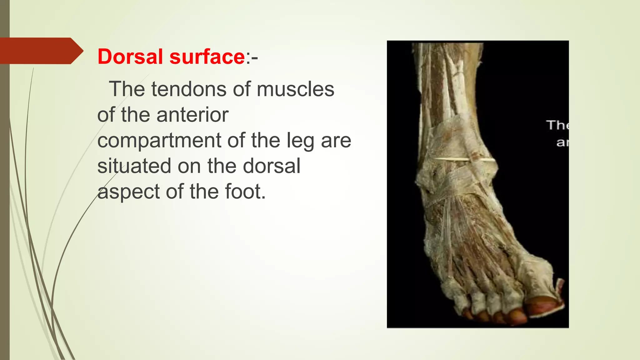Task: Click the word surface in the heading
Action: [x=207, y=57]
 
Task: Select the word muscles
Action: [x=295, y=89]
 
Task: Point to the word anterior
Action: [x=192, y=115]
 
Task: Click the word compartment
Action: [x=159, y=140]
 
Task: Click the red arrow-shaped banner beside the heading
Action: [x=39, y=51]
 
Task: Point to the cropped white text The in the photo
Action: [x=558, y=125]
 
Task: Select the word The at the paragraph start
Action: [x=127, y=89]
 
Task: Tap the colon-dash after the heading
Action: [x=252, y=57]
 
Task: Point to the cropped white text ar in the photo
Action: [x=562, y=142]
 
